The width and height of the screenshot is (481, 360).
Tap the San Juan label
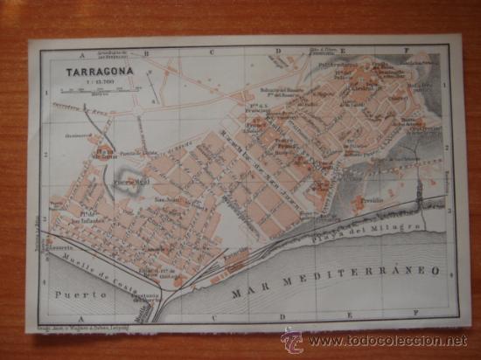tap(168, 198)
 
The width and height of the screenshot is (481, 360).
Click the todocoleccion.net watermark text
tap(386, 339)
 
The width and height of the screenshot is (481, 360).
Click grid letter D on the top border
tap(278, 52)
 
